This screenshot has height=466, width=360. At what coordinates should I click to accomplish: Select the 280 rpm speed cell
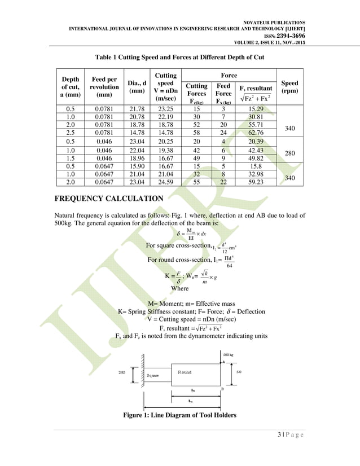(x=290, y=154)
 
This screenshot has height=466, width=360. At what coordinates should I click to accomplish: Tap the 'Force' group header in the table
(x=229, y=74)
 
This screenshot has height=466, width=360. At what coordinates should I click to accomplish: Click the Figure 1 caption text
(x=179, y=416)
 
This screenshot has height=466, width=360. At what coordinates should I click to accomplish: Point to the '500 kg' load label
(x=229, y=354)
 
